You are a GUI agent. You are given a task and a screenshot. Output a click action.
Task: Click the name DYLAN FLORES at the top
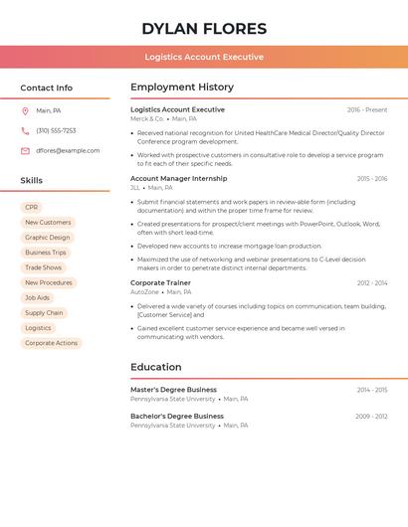tap(204, 29)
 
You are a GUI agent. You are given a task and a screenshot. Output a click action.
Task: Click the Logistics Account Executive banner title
tap(204, 57)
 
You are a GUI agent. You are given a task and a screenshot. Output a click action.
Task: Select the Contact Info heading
tap(47, 88)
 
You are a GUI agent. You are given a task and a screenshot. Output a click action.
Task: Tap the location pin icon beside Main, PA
tap(25, 111)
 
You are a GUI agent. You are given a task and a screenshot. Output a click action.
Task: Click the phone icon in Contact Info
tap(25, 131)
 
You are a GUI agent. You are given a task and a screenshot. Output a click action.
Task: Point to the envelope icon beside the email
tap(25, 151)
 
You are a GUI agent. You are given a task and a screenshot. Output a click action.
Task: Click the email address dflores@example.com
tap(68, 151)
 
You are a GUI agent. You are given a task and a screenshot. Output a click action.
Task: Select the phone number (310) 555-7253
tap(56, 131)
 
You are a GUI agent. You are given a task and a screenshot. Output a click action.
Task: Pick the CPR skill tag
tap(32, 208)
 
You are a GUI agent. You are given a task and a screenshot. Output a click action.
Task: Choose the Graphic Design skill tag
tap(48, 238)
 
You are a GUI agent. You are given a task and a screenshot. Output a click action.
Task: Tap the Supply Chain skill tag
tap(44, 313)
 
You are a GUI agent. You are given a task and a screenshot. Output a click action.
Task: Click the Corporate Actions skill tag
tap(51, 343)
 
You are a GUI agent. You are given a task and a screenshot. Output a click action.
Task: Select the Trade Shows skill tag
tap(44, 267)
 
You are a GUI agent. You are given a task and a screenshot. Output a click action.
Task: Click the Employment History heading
tap(182, 88)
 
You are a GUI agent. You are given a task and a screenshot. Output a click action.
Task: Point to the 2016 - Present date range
tap(367, 110)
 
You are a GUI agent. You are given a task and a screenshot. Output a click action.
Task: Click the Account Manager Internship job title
tap(179, 179)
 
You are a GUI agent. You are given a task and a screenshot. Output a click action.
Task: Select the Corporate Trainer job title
tap(160, 283)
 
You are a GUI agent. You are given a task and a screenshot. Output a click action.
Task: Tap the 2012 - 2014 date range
tap(372, 283)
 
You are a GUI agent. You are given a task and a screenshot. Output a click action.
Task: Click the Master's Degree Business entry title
tap(173, 390)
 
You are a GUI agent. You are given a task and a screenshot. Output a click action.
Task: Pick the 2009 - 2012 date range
tap(371, 417)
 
